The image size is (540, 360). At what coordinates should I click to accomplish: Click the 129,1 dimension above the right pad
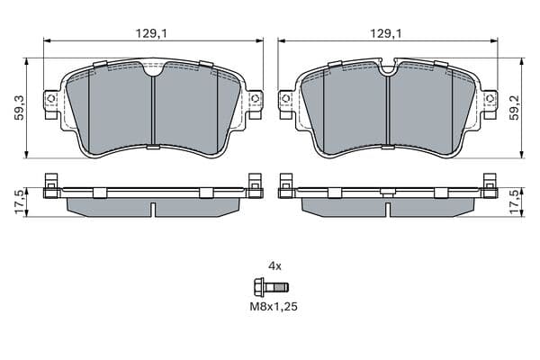point(386,33)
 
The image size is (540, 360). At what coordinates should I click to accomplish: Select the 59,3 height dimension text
point(20,108)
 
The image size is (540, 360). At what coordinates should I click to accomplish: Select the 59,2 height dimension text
point(515,108)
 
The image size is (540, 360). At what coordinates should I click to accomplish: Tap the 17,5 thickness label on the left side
point(20,202)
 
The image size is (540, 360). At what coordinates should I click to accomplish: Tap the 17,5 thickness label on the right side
point(515,202)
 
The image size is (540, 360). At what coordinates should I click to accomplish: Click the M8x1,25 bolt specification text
point(274,306)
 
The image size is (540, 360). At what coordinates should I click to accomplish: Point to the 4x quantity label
point(274,266)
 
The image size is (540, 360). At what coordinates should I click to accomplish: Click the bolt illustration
point(271,286)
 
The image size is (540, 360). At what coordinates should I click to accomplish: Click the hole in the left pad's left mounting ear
point(51,98)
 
